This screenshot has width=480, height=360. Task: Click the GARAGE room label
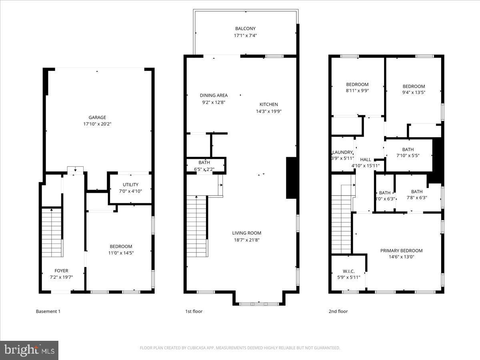coord(97,117)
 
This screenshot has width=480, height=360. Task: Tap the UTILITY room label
coord(130,184)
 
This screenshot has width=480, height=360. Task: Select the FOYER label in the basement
coord(61,271)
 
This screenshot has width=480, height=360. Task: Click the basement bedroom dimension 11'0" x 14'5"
coord(121,253)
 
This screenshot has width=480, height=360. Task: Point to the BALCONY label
coord(245,28)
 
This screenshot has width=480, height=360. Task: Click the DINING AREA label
coord(214,95)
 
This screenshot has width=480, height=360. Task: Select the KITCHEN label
coord(268,104)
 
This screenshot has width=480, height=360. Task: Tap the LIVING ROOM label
coord(246,233)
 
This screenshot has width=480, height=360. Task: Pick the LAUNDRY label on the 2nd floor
coord(343,152)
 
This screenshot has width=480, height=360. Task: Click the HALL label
coord(366,159)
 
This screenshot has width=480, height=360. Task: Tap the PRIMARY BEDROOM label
coord(401,250)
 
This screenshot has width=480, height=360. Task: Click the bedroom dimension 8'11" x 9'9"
coord(357,90)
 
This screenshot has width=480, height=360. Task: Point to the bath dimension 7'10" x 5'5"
coord(408,156)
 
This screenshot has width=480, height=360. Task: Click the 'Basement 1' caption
coord(48,311)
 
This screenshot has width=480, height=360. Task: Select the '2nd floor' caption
coord(338,311)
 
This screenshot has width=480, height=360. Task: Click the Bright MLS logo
coord(29,350)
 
